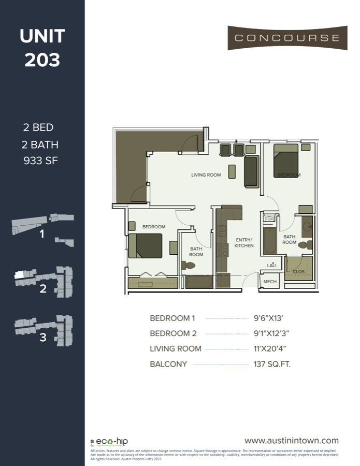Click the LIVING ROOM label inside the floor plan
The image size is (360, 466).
pyautogui.click(x=206, y=175)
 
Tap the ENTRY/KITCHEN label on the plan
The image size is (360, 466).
pyautogui.click(x=243, y=242)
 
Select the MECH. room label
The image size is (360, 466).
pyautogui.click(x=270, y=282)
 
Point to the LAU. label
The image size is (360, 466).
pyautogui.click(x=271, y=266)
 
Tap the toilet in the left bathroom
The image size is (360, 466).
pyautogui.click(x=188, y=266)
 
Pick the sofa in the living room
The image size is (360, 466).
pyautogui.click(x=251, y=172)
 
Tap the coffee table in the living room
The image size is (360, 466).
pyautogui.click(x=232, y=171)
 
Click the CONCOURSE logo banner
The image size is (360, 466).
pyautogui.click(x=287, y=38)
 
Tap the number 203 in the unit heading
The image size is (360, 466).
pyautogui.click(x=42, y=60)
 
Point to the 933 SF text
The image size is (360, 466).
pyautogui.click(x=40, y=161)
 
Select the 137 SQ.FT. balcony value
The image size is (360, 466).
pyautogui.click(x=272, y=364)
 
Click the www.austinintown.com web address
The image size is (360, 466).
pyautogui.click(x=292, y=441)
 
